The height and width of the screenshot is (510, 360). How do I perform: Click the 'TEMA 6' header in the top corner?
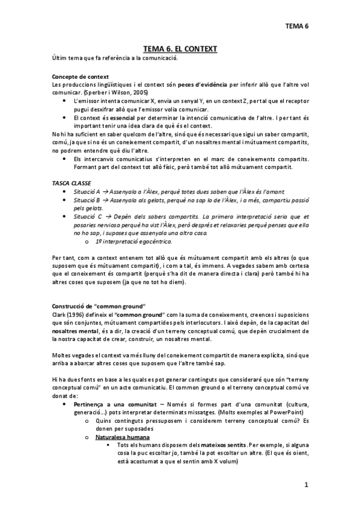click(x=296, y=26)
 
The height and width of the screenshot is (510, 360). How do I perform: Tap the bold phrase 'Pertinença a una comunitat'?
click(x=112, y=405)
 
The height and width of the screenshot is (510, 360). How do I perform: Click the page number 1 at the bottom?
click(x=306, y=484)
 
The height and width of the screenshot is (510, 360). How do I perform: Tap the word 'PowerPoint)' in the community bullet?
click(x=290, y=413)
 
